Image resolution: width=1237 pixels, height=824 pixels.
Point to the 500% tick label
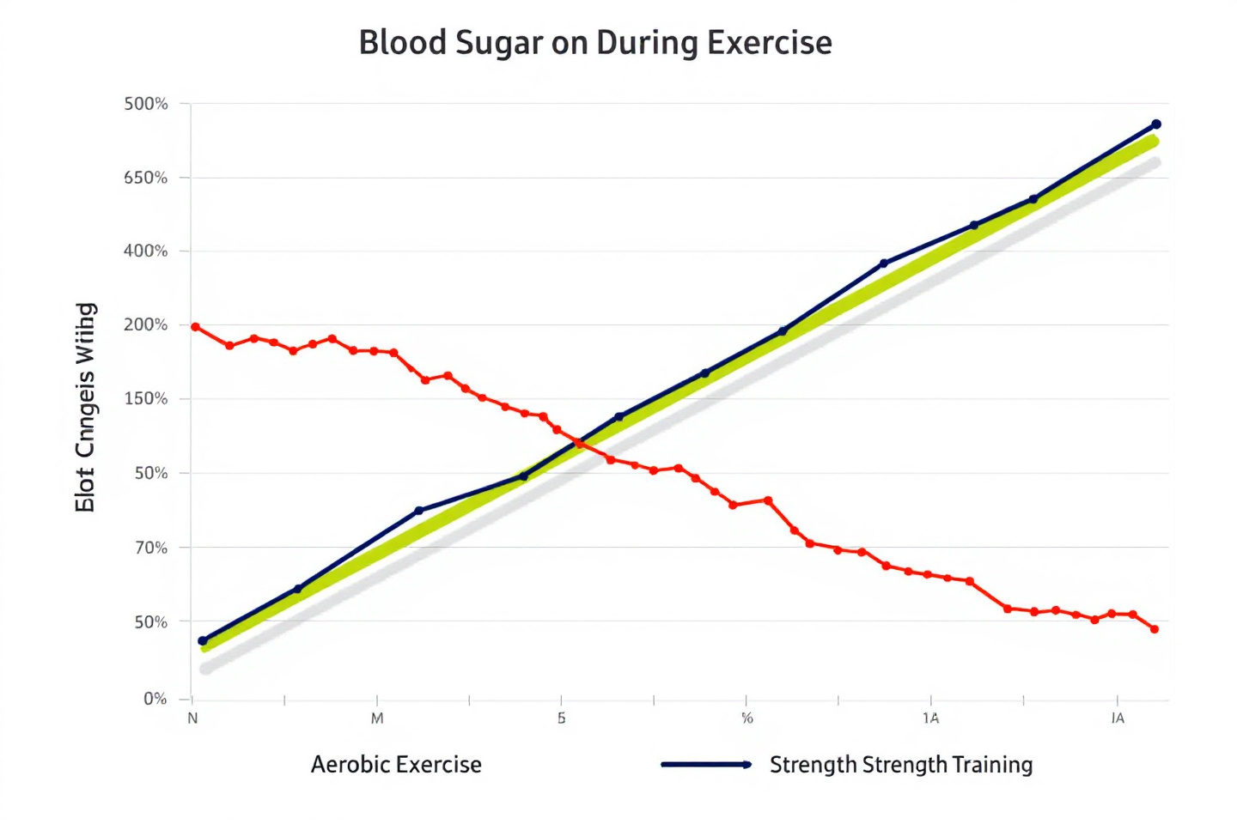click(146, 104)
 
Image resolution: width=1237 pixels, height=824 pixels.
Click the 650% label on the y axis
click(146, 178)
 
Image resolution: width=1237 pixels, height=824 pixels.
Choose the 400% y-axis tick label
click(146, 251)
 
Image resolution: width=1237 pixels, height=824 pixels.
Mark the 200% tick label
click(146, 325)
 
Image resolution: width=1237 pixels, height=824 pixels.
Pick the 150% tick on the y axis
click(146, 399)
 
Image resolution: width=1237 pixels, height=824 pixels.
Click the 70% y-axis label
click(151, 548)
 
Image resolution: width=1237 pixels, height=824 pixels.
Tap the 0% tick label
click(155, 699)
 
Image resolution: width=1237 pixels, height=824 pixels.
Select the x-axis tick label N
click(192, 718)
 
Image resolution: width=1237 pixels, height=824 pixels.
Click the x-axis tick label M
click(377, 718)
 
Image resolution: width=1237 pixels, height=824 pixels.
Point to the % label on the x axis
click(746, 718)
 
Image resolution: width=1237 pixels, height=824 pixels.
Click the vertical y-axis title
click(85, 408)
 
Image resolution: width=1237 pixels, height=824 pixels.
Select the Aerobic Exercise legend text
click(396, 765)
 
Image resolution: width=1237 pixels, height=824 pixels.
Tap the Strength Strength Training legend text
click(901, 765)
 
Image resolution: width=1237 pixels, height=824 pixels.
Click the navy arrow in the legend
click(706, 765)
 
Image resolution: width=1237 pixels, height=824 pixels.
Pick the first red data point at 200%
click(196, 327)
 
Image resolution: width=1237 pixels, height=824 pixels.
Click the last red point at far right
click(1155, 629)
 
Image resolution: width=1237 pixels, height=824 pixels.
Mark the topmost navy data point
click(1156, 124)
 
